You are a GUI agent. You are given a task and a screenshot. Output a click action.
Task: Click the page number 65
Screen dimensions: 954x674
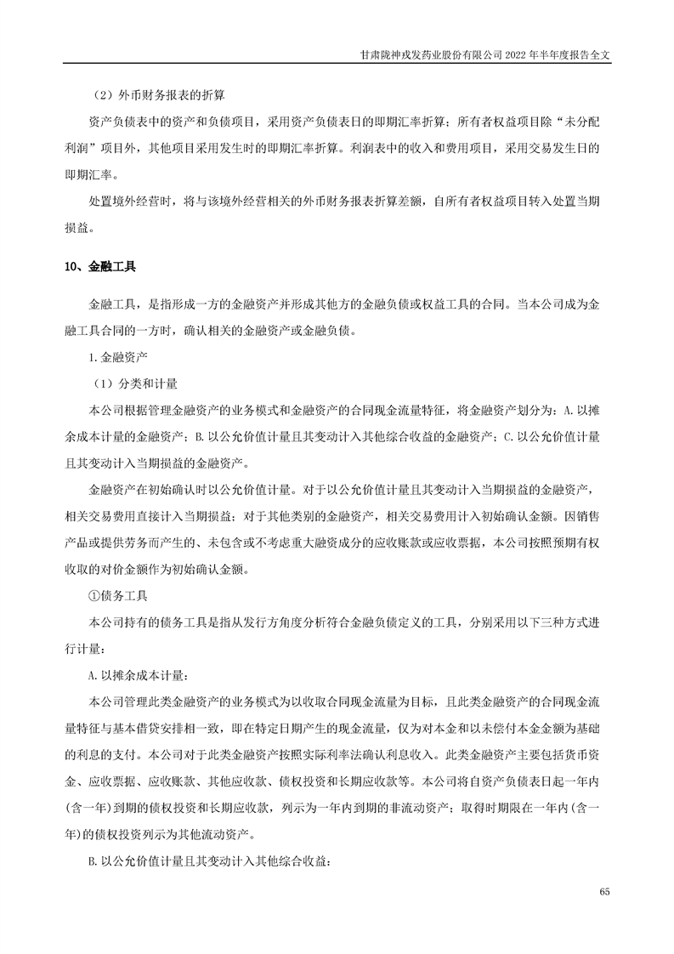point(604,891)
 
